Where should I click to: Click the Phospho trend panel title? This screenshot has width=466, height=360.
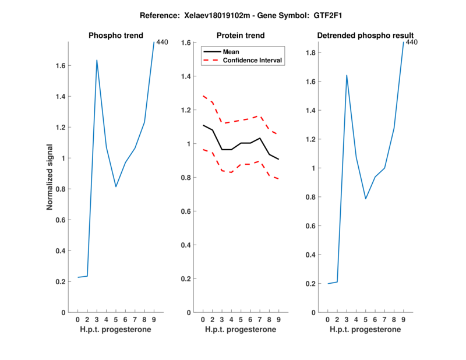point(116,36)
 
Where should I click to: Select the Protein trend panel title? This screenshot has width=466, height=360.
point(241,36)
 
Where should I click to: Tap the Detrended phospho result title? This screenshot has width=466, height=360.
point(365,36)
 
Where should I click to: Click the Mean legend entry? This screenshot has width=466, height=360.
point(231,52)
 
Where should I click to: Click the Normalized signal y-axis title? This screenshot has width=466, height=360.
point(50,177)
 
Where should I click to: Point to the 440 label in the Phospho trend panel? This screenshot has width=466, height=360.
point(162,42)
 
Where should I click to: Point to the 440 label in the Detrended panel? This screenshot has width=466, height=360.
point(411,42)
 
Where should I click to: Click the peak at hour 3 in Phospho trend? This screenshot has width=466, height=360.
point(97,60)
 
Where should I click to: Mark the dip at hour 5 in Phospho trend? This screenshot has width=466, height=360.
point(116,186)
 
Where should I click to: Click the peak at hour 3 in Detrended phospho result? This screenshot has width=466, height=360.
point(347,75)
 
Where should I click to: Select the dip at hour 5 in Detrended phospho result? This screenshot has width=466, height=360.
point(365,199)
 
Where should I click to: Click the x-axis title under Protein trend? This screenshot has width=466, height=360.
point(241,330)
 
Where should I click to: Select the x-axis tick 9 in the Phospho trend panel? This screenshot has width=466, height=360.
point(154,320)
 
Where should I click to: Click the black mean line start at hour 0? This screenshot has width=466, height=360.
point(203,125)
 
